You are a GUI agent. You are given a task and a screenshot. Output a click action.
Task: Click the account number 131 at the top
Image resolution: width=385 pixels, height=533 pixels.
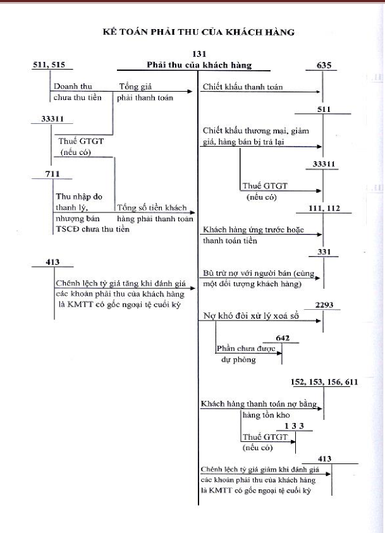click(x=199, y=55)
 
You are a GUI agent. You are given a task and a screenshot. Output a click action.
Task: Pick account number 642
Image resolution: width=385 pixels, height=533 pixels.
click(x=282, y=338)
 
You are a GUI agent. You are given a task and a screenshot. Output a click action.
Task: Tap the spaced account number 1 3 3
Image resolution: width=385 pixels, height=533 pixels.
click(x=294, y=426)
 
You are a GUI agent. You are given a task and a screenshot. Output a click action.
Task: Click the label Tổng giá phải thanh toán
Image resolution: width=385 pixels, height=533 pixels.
click(x=145, y=92)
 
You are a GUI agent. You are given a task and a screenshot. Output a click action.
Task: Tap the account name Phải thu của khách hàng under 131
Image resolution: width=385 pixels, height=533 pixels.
click(x=199, y=64)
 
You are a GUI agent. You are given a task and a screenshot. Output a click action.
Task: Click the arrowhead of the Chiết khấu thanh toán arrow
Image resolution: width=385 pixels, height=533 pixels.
click(x=319, y=93)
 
